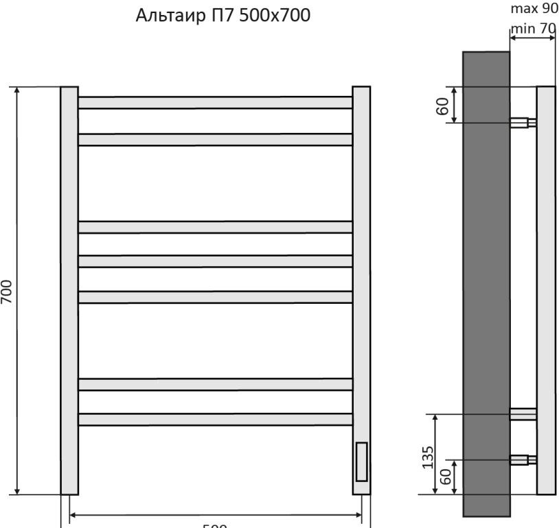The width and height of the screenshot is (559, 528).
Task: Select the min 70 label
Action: (533, 29)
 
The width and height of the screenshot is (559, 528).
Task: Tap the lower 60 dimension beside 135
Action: (446, 477)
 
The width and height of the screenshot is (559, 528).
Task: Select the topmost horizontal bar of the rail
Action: (215, 102)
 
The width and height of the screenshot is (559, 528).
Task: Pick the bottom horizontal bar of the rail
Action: (215, 419)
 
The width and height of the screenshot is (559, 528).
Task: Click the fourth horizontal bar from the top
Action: (215, 261)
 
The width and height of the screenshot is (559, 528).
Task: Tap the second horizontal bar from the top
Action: (215, 139)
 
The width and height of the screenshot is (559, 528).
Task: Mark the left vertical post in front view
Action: (69, 290)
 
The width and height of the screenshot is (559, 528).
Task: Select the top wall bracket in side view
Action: (523, 123)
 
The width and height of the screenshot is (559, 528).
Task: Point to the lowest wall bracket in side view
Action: (523, 459)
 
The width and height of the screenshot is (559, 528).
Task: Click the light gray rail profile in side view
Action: (545, 290)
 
